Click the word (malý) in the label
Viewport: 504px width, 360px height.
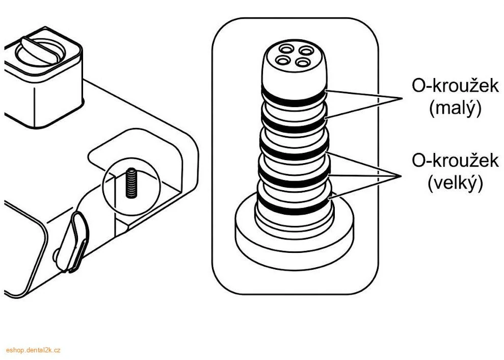click(x=455, y=110)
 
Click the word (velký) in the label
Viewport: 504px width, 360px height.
click(x=455, y=184)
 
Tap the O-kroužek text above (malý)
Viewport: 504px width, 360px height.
click(x=455, y=86)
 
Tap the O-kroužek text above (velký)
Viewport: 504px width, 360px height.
click(x=455, y=160)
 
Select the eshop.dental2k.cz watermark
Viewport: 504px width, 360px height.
click(x=33, y=350)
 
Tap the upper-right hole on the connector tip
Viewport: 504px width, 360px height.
click(x=306, y=51)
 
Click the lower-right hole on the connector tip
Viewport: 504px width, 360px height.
click(x=303, y=62)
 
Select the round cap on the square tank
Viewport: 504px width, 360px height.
click(x=41, y=51)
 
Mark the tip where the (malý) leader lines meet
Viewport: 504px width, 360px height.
click(x=402, y=98)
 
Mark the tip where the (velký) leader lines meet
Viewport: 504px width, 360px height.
click(x=401, y=176)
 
